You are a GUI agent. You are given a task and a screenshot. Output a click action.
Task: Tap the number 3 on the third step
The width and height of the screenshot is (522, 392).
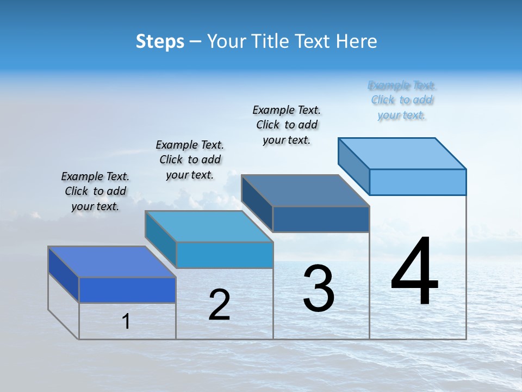coord(319,289)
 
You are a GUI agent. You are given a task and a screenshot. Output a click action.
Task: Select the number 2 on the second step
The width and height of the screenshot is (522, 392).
coord(219,305)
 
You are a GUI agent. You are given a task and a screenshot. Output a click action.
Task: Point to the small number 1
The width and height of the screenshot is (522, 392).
coord(126,321)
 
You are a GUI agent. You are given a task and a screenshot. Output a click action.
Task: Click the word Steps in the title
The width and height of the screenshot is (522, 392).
coord(160,41)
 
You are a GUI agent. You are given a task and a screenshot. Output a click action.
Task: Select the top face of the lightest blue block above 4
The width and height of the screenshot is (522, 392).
coord(402,153)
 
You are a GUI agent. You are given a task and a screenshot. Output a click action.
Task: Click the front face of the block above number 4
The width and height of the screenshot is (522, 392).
coord(418,182)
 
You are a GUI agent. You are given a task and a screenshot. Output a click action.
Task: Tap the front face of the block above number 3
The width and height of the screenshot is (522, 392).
coord(321,219)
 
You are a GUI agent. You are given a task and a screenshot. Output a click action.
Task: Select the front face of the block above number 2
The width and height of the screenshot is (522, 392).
coord(225,255)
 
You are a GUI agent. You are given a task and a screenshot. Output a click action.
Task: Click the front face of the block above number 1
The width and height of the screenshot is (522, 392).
coord(127,290)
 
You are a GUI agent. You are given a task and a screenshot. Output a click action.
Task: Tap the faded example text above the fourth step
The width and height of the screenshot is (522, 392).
coord(402,100)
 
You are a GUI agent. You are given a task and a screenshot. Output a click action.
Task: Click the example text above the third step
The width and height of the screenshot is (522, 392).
coord(287,125)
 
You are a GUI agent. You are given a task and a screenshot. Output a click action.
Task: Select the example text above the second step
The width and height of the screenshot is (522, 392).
coord(190,160)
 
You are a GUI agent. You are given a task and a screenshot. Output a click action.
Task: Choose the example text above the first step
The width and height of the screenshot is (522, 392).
coord(95,191)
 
